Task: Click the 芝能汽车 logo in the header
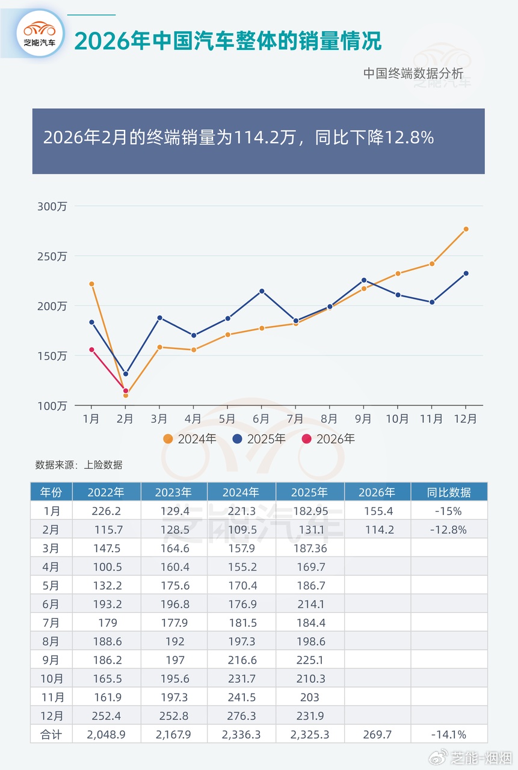point(40,33)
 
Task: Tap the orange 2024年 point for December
point(466,229)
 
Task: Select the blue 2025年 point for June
point(261,291)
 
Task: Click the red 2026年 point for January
point(91,350)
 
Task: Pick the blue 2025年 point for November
point(431,302)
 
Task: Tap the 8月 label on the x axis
point(329,419)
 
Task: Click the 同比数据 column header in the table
point(449,492)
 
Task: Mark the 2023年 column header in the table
point(173,492)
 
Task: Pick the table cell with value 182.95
point(309,511)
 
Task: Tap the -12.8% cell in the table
point(449,530)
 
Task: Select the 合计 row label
point(51,734)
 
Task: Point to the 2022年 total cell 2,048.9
point(106,734)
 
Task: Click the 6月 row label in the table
point(51,604)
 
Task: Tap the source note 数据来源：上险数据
point(79,464)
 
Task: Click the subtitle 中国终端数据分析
point(413,74)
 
